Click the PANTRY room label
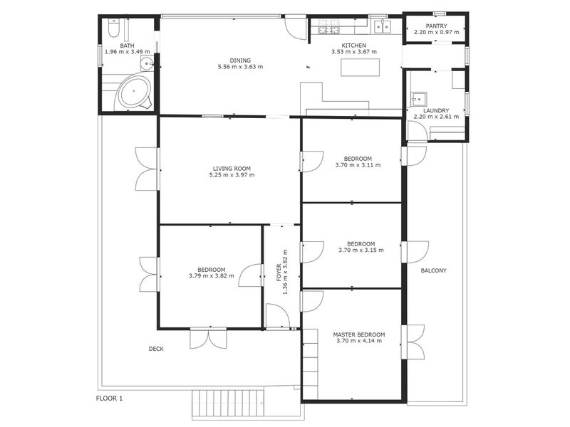[x=436, y=26]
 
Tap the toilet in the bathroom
[x=113, y=28]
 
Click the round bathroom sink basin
[x=147, y=64]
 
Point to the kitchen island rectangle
[x=361, y=68]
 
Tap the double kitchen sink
[x=383, y=26]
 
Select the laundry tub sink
[x=419, y=98]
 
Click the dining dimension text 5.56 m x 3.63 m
[x=240, y=67]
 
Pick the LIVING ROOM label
[x=232, y=169]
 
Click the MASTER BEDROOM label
[x=359, y=334]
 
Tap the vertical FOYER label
[x=279, y=273]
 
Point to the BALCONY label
[x=433, y=270]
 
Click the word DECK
[x=156, y=349]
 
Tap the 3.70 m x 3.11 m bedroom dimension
[x=358, y=165]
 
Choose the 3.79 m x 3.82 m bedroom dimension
[x=212, y=276]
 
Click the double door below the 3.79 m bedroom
[x=209, y=339]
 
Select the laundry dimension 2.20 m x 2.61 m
[x=436, y=117]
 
